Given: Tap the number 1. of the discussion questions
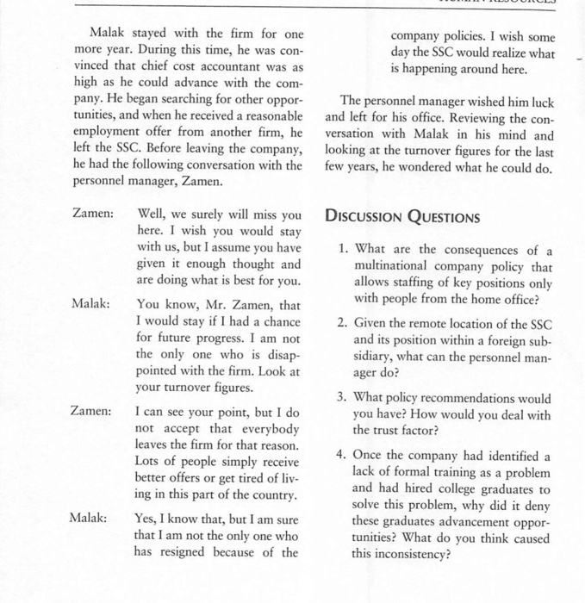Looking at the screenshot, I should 343,251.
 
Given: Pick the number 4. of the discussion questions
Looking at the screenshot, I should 343,456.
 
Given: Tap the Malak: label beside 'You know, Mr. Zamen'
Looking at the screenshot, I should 90,305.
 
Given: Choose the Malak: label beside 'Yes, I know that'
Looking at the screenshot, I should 90,519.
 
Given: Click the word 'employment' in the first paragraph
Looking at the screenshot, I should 111,133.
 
